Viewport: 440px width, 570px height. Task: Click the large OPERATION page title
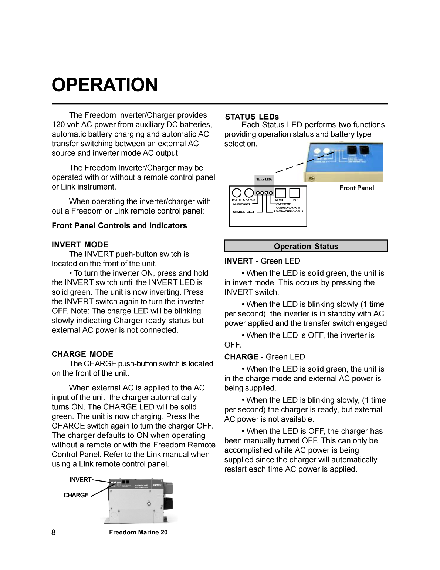click(x=105, y=85)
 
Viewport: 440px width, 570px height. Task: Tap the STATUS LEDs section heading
click(x=252, y=117)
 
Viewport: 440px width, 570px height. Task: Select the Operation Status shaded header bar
click(x=306, y=246)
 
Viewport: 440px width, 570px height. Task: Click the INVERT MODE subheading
click(x=80, y=245)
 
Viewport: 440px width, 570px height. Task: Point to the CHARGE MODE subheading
click(x=82, y=354)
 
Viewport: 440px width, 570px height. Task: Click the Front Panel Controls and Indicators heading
click(x=119, y=226)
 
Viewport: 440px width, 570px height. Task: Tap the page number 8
click(x=54, y=532)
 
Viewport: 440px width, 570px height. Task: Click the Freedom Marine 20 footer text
click(x=138, y=532)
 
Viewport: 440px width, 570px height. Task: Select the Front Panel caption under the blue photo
click(x=356, y=188)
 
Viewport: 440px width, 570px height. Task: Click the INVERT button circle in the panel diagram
click(x=237, y=193)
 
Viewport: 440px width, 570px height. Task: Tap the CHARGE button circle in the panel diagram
click(x=249, y=193)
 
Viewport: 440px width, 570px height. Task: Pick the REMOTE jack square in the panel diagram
click(x=281, y=193)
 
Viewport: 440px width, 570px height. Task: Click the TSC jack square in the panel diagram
click(x=295, y=193)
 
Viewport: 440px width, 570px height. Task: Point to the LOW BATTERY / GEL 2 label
click(x=288, y=212)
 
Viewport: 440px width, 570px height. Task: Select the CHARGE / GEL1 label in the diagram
click(x=243, y=212)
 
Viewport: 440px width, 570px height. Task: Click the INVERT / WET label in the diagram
click(x=241, y=204)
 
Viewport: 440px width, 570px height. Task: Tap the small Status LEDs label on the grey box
click(x=264, y=180)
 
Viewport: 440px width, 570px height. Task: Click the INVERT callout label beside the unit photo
click(x=80, y=480)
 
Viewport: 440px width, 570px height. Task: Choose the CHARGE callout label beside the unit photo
click(x=76, y=495)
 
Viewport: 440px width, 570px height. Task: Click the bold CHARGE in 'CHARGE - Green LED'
click(x=241, y=357)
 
